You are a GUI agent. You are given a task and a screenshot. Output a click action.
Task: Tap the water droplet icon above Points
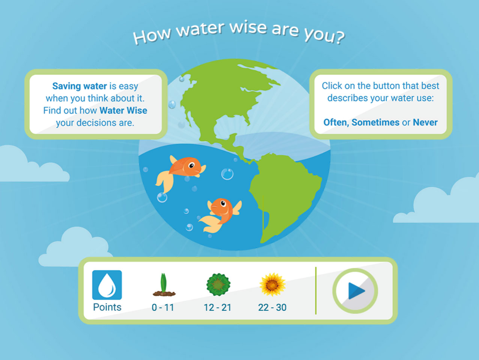click(107, 285)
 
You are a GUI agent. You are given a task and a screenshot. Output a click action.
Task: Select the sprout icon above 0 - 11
click(164, 285)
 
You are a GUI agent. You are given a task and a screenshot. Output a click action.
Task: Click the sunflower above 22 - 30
click(272, 284)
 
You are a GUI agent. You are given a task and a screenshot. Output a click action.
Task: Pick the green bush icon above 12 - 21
click(218, 284)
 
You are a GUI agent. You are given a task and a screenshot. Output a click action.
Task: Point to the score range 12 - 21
click(218, 307)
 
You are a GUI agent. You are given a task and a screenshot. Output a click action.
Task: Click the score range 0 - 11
click(163, 307)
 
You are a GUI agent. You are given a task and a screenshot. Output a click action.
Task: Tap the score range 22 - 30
click(272, 307)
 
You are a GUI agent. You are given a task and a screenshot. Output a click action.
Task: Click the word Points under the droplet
click(107, 307)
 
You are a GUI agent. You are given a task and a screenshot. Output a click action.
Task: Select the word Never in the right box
click(425, 123)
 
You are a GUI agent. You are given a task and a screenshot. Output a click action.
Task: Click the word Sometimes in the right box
click(375, 123)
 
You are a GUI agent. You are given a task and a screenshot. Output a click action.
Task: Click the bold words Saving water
click(80, 86)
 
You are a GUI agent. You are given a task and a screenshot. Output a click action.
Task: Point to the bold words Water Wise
click(123, 110)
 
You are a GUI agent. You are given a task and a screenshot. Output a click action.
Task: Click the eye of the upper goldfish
click(191, 165)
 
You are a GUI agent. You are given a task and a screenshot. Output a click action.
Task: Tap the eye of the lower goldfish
click(223, 203)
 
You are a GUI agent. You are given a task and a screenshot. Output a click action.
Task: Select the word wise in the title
click(248, 27)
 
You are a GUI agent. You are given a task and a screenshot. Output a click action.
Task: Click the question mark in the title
click(340, 37)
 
